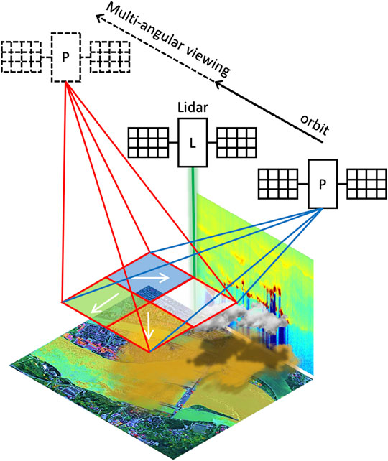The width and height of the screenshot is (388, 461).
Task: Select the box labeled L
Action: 192,141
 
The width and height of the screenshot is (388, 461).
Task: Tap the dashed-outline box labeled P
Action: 66,55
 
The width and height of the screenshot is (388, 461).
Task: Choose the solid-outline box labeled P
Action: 322,183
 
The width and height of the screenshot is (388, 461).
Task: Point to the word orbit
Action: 315,124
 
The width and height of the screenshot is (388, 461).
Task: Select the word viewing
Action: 204,60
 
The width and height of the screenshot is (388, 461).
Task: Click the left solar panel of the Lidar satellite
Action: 149,141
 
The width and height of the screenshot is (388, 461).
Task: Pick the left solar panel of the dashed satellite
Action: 22,55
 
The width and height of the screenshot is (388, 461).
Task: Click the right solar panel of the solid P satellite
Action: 367,184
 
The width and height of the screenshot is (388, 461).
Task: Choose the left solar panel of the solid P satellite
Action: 278,184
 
